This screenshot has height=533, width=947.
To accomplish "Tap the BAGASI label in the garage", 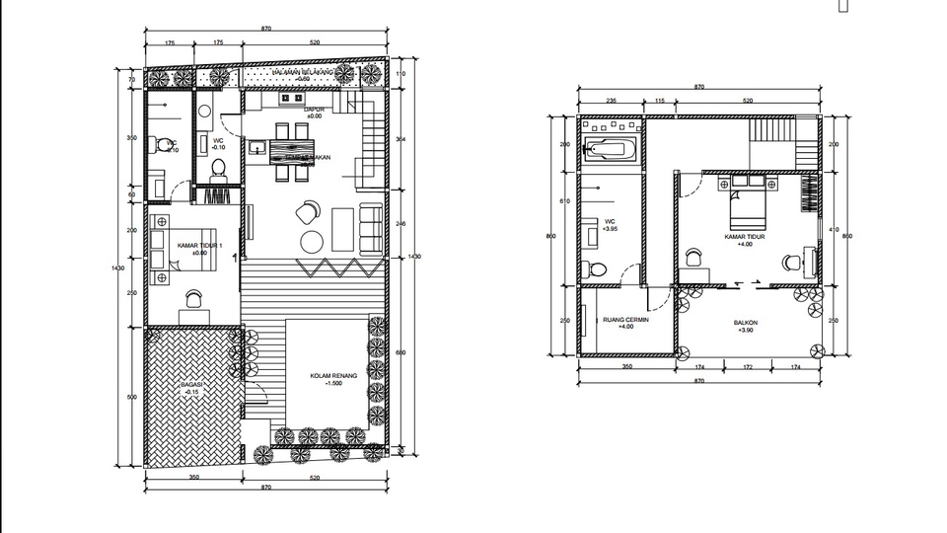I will point(191,388).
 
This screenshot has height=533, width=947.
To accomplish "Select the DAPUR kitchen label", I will point(315,112).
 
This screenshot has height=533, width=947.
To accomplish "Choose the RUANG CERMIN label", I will point(624,323).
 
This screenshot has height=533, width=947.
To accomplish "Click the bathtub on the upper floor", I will point(610,151).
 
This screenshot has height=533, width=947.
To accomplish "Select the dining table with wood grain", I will point(292,154).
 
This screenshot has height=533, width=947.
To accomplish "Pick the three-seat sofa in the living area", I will point(372,228).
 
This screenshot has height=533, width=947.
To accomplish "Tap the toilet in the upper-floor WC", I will point(595,269).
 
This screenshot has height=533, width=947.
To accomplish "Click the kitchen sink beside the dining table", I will point(257,149).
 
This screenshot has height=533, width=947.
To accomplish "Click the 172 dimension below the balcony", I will point(747,369).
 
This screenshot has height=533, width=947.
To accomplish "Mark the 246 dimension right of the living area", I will point(401,224).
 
